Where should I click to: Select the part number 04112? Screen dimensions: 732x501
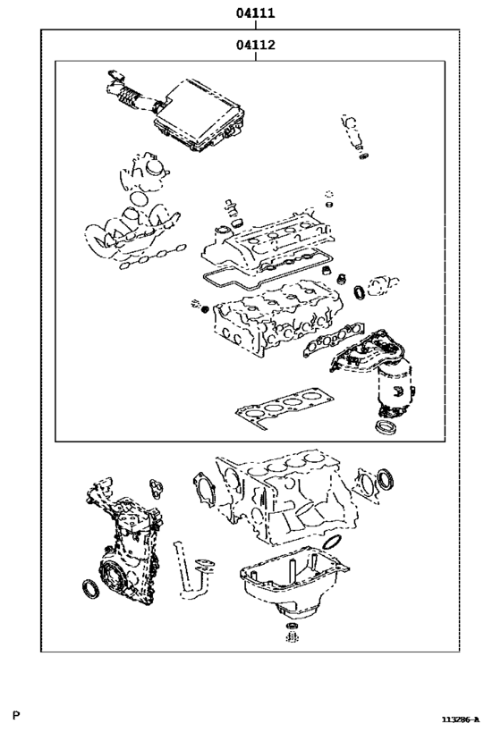255,45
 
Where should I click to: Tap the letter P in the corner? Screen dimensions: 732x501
16,715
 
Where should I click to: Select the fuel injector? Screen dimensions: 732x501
352,132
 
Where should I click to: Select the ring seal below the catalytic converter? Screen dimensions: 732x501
386,429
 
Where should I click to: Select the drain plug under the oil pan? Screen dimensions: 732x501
292,638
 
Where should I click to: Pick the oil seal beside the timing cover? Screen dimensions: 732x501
90,591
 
